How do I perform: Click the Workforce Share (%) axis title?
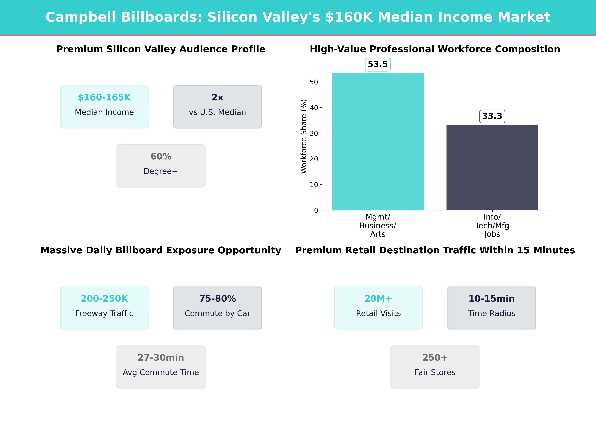[x=304, y=136]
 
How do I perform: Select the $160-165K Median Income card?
[x=104, y=107]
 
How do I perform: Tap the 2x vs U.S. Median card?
[x=217, y=107]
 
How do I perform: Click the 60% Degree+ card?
[x=161, y=166]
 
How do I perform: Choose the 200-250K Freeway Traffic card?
[x=104, y=308]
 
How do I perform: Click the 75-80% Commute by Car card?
[x=217, y=308]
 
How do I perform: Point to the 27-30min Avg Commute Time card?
[x=161, y=367]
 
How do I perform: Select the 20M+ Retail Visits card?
[x=378, y=308]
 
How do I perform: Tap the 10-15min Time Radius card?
[x=491, y=308]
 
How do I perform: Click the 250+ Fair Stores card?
[x=435, y=367]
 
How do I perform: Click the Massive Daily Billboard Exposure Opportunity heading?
[x=161, y=250]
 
